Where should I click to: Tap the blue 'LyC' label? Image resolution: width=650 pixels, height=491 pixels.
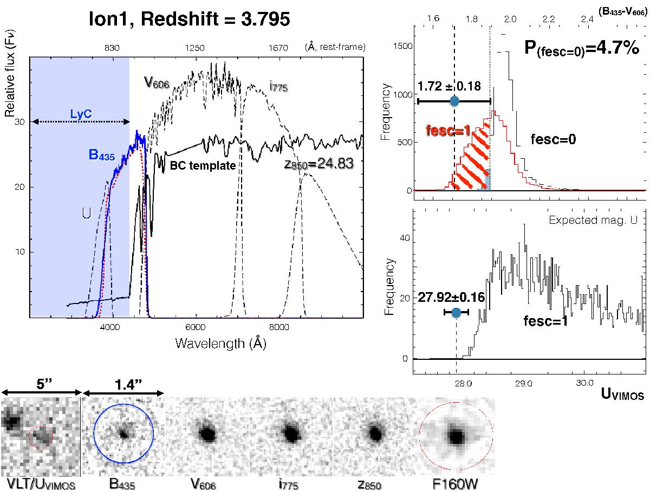pyautogui.click(x=80, y=115)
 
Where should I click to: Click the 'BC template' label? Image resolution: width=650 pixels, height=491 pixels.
pyautogui.click(x=203, y=165)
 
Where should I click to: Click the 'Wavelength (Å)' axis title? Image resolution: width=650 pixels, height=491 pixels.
pyautogui.click(x=220, y=343)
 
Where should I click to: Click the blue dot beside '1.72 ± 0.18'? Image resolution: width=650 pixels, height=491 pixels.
pyautogui.click(x=454, y=101)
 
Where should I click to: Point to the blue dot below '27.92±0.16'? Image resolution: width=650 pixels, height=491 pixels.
pyautogui.click(x=456, y=312)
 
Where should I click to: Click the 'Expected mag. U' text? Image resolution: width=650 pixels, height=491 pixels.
pyautogui.click(x=595, y=220)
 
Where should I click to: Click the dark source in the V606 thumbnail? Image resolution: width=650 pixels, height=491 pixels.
pyautogui.click(x=206, y=434)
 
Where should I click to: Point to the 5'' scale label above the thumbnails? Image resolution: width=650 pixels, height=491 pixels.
pyautogui.click(x=41, y=383)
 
